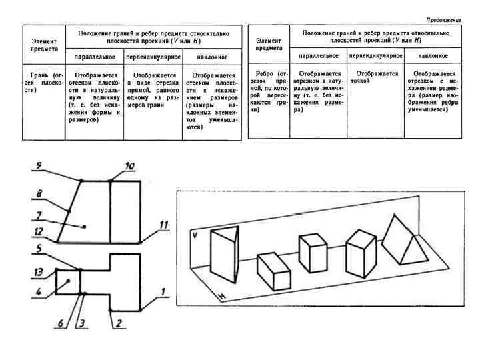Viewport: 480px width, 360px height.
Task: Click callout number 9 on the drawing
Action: point(39,165)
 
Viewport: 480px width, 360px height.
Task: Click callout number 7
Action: point(39,215)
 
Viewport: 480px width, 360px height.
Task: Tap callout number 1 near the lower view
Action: point(163,291)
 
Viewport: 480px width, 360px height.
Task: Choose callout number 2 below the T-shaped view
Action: point(117,325)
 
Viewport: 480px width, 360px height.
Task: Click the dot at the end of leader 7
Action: point(85,227)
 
